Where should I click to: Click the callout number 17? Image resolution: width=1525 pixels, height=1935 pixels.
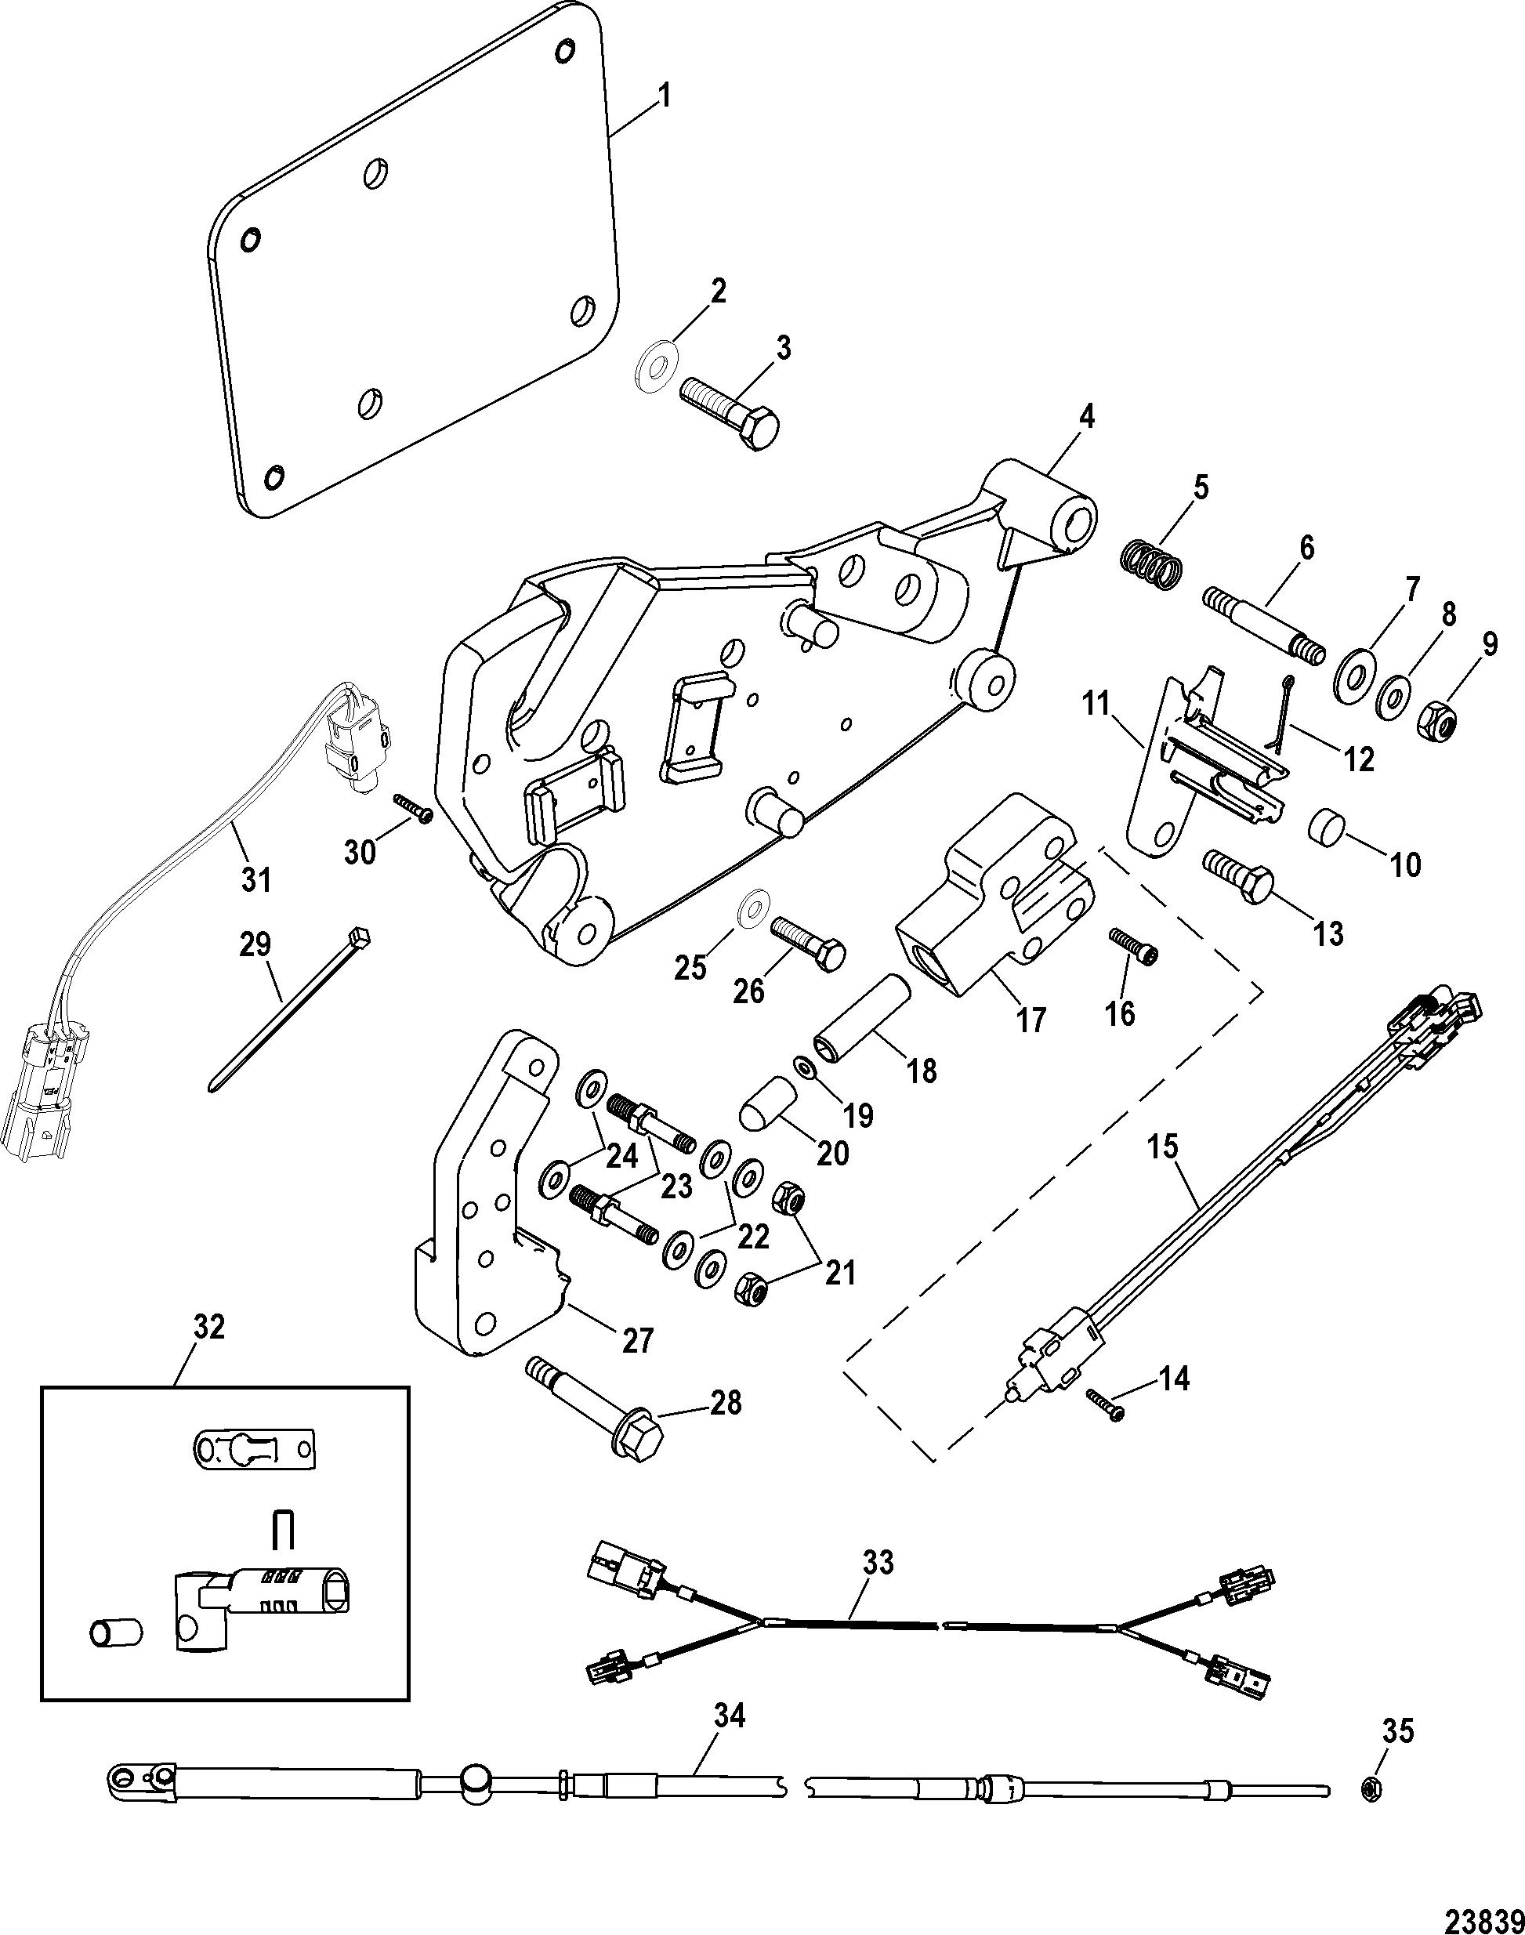[1031, 1019]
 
